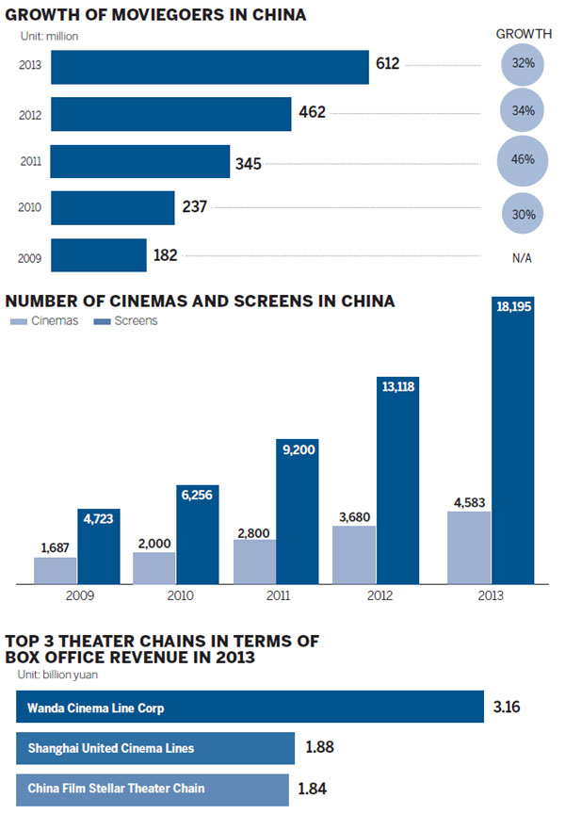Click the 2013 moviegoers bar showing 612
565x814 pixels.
(x=209, y=67)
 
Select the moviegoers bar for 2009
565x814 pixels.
(x=99, y=254)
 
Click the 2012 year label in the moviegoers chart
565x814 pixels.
(x=29, y=114)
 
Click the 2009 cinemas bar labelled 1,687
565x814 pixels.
(x=56, y=570)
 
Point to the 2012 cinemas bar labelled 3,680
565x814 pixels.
(x=354, y=554)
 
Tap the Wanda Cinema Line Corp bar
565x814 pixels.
(x=250, y=706)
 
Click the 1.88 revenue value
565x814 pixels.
(x=320, y=749)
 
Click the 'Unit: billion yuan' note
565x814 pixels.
(x=59, y=674)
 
